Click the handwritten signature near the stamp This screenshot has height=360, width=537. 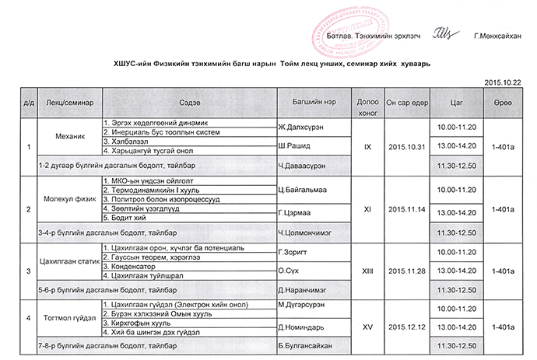click(x=441, y=34)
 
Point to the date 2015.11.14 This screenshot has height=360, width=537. click(x=407, y=208)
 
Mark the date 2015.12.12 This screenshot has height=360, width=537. click(x=407, y=326)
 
